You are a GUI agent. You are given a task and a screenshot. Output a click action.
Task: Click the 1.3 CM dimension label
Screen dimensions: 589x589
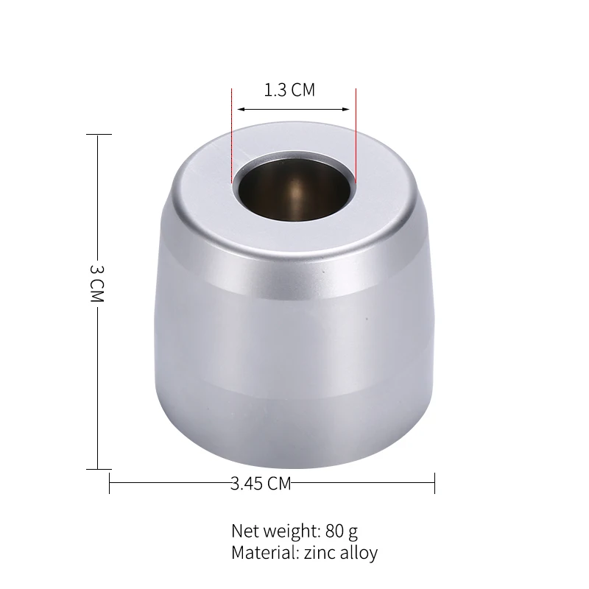click(289, 90)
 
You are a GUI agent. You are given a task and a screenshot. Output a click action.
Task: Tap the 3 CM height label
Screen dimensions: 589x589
click(97, 283)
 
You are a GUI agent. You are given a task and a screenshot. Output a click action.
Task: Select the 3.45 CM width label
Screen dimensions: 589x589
click(261, 484)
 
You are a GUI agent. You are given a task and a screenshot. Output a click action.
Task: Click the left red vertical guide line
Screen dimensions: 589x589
click(232, 135)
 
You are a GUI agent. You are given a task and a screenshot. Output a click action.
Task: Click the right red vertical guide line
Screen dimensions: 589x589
click(356, 135)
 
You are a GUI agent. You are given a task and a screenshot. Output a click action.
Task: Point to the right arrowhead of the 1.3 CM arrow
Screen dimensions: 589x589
click(345, 109)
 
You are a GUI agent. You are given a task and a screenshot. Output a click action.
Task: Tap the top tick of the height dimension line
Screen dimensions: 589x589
click(99, 134)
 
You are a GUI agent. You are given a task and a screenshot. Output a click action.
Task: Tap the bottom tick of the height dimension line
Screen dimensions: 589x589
click(99, 469)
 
